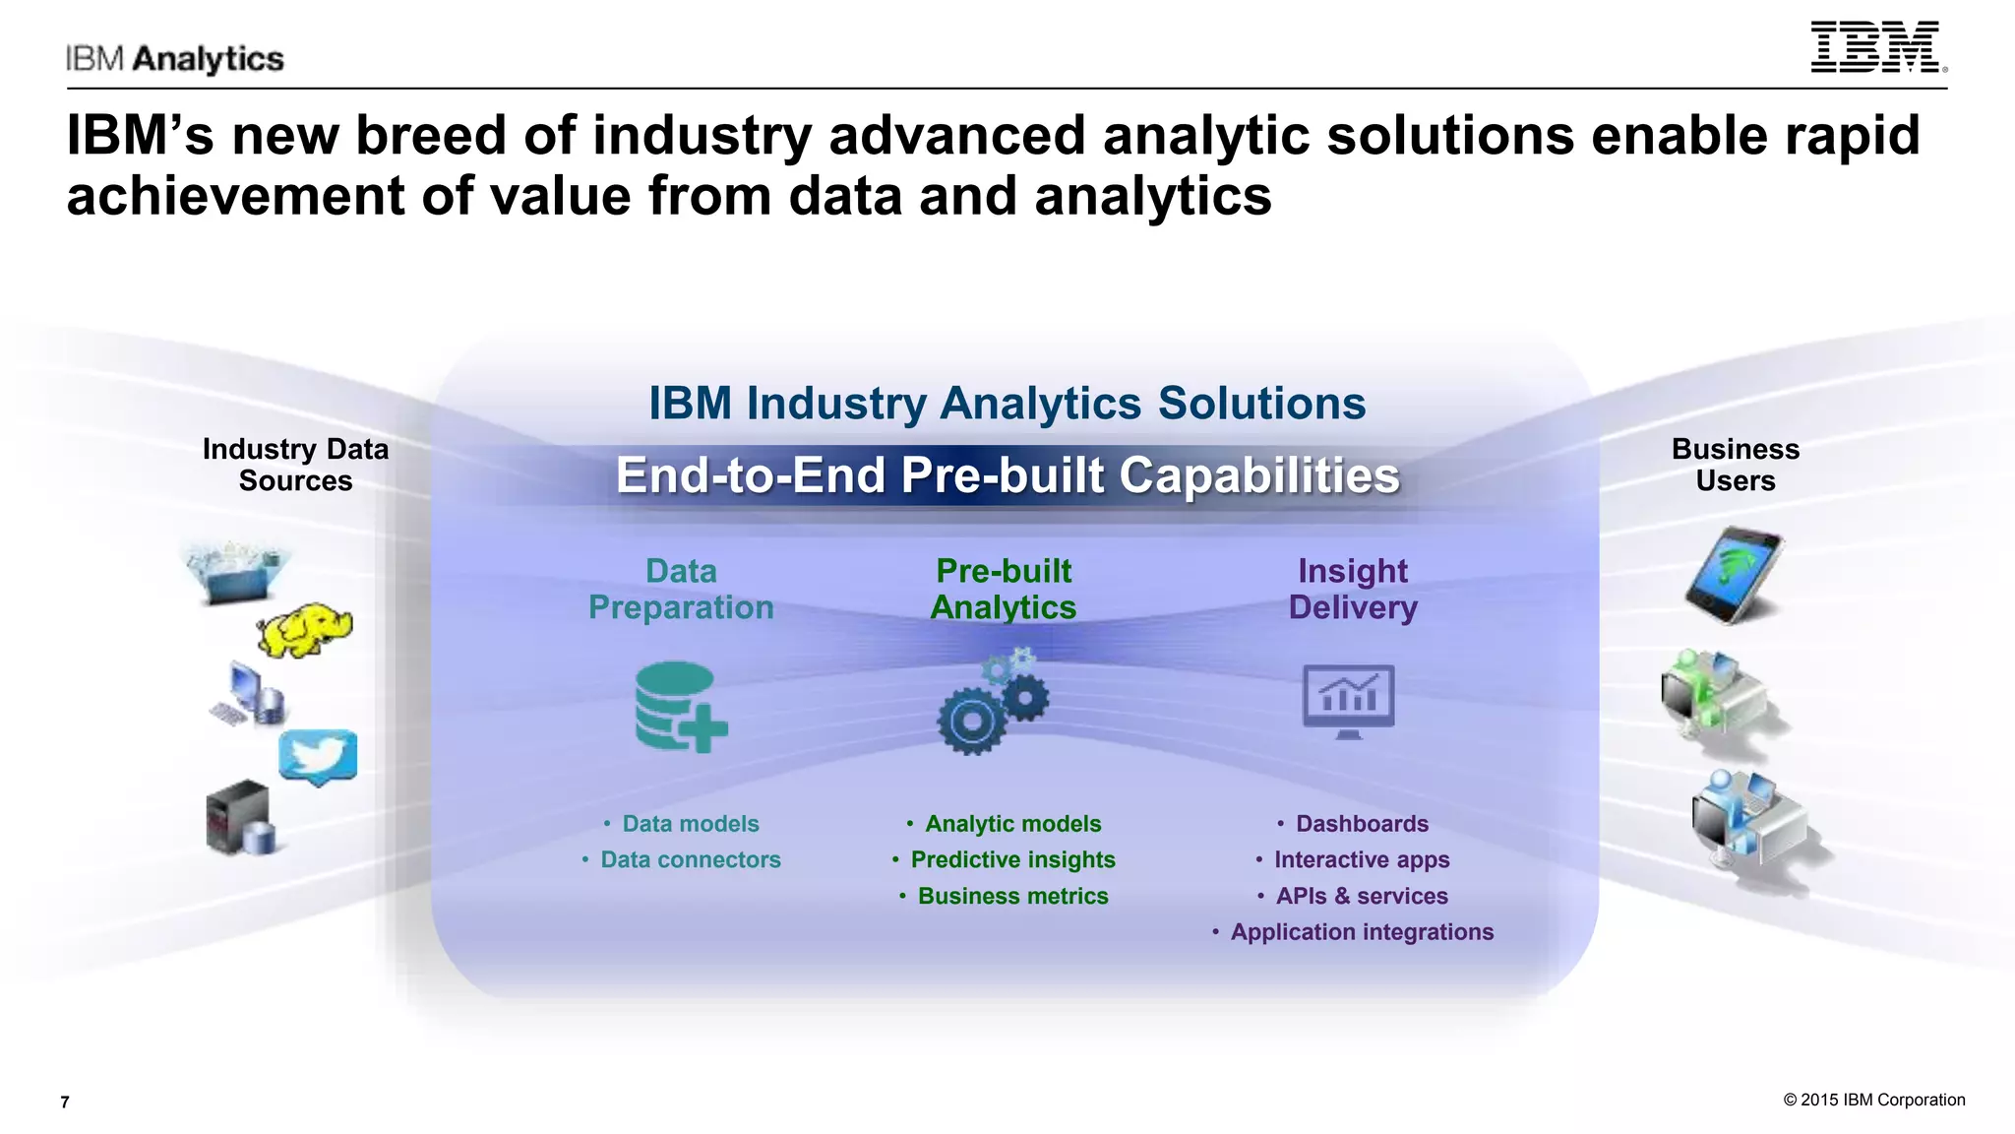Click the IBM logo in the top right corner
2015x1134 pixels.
1877,47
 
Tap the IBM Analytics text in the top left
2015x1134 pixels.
175,59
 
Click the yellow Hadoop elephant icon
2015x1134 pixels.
305,630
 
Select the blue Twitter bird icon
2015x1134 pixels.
318,756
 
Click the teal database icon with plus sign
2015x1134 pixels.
680,707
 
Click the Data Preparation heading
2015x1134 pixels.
681,589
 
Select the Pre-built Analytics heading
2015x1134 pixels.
1004,589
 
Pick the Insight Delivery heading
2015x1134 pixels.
1353,589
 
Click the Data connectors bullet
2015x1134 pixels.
690,859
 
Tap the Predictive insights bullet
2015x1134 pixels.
1012,859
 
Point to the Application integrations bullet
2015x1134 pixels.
1362,931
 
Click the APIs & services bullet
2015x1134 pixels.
1362,896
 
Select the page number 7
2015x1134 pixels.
65,1102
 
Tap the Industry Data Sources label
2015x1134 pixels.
295,465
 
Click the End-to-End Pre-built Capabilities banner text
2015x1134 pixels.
1007,475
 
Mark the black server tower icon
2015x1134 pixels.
236,816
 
